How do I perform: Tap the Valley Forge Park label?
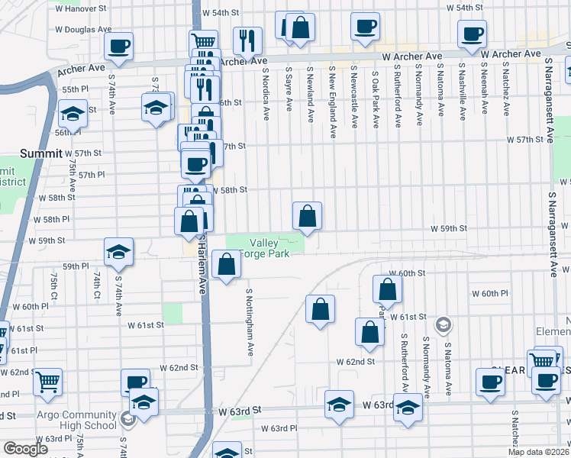click(x=265, y=248)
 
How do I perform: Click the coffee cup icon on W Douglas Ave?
click(x=119, y=46)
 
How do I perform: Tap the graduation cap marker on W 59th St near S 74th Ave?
click(x=118, y=252)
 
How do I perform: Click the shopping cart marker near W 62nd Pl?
click(x=48, y=380)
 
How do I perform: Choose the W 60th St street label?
click(x=406, y=273)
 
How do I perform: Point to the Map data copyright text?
click(x=539, y=452)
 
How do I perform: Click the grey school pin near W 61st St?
click(x=442, y=326)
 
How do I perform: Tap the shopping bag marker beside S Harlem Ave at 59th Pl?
click(x=227, y=264)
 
